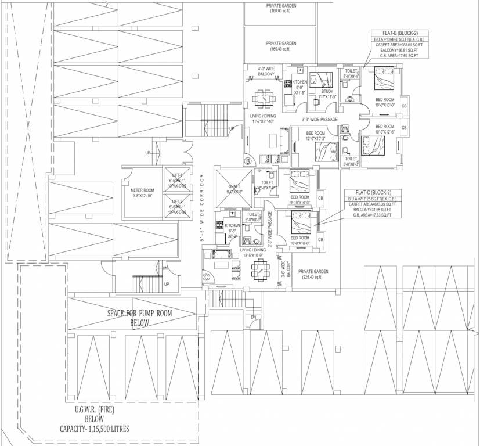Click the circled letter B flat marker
click(247, 161)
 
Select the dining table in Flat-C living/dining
click(259, 268)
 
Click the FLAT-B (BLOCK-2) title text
click(397, 33)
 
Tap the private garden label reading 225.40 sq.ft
click(313, 274)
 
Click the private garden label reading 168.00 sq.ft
click(281, 8)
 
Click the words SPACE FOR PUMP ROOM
click(147, 313)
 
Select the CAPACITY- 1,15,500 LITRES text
click(95, 429)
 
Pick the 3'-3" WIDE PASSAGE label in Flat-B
click(319, 120)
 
